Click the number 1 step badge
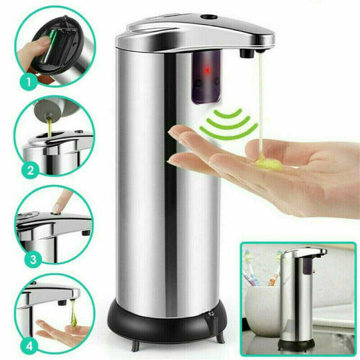29,82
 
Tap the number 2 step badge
31,170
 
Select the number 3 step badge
33,259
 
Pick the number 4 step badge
29,346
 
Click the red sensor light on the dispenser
207,70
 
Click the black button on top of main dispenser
209,16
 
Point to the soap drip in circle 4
74,315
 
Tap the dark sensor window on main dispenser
206,77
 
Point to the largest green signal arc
229,132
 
